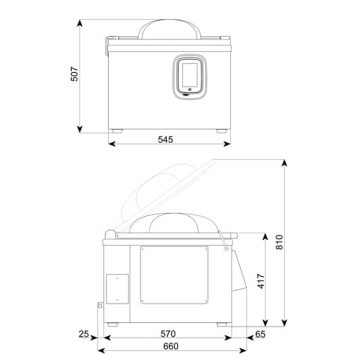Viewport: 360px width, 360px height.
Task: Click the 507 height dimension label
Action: [x=74, y=74]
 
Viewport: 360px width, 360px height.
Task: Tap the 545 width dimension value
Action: [x=165, y=139]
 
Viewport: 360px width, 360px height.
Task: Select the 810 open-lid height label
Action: [x=279, y=242]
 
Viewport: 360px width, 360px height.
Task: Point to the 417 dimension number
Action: [x=261, y=281]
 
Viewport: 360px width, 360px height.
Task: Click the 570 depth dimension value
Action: [x=168, y=334]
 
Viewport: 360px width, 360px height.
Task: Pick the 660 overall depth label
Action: [x=171, y=346]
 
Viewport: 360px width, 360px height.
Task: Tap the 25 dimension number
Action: [x=83, y=334]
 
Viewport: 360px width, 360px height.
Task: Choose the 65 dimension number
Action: [x=260, y=334]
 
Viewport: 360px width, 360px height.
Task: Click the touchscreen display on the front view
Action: [x=189, y=75]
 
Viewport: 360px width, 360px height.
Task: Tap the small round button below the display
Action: [x=189, y=89]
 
